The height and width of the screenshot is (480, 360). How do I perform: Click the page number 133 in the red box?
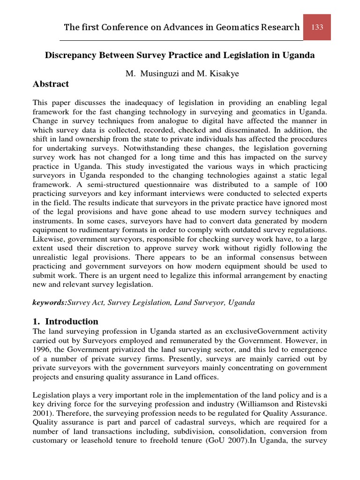[x=317, y=27]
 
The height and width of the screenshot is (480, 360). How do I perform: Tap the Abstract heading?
[x=51, y=84]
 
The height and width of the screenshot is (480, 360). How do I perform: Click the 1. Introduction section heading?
[x=65, y=322]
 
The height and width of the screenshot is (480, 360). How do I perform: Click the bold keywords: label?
[x=50, y=303]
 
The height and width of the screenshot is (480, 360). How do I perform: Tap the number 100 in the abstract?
[x=321, y=185]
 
